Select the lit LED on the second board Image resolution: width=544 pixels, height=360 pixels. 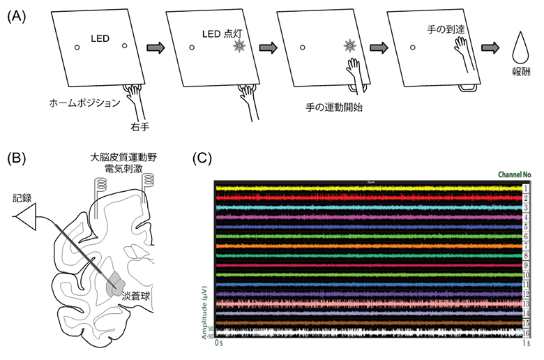coord(239,47)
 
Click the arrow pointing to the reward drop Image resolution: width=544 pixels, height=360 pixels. coord(490,48)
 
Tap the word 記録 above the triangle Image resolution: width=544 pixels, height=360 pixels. coord(22,198)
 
